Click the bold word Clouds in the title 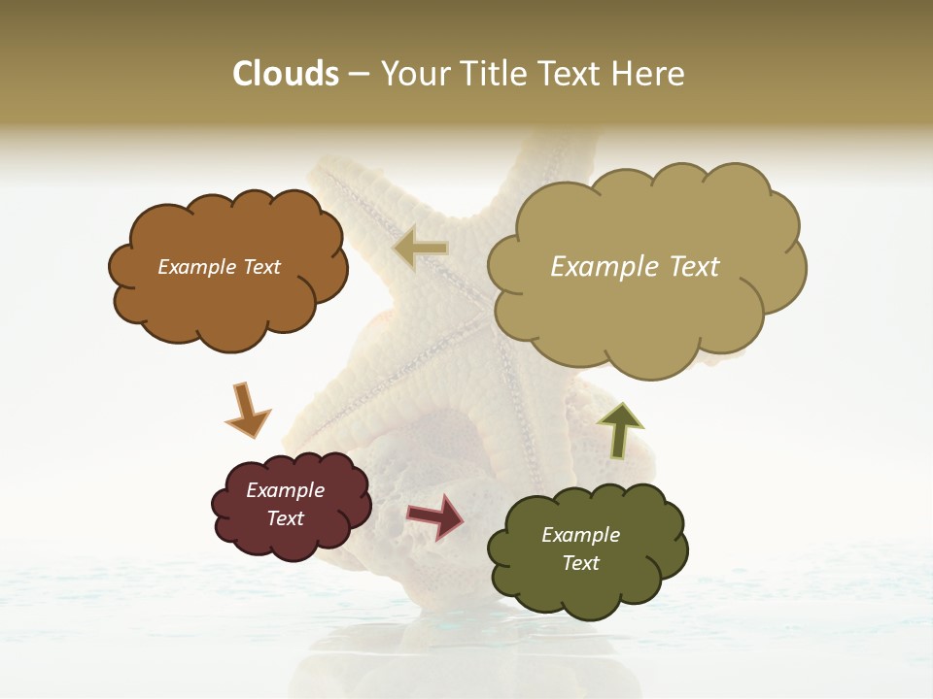pos(285,74)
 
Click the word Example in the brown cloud pos(195,267)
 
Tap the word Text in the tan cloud pos(689,267)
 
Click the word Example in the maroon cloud pos(285,490)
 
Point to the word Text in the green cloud pos(580,563)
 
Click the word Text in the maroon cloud pos(285,518)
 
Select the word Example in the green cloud pos(580,535)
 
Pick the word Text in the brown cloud pos(260,267)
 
